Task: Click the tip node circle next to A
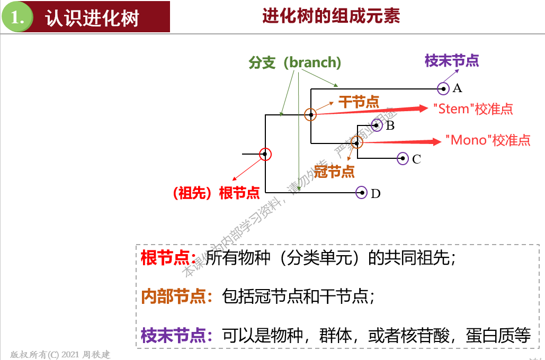[443, 88]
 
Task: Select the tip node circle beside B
[377, 125]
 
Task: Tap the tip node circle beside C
[402, 158]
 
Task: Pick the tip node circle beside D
[362, 193]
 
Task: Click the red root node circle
[265, 154]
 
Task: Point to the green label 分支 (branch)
[295, 62]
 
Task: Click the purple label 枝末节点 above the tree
[452, 61]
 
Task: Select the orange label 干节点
[359, 102]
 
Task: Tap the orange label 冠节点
[334, 171]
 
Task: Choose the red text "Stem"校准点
[473, 109]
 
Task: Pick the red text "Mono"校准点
[488, 140]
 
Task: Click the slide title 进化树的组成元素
[331, 16]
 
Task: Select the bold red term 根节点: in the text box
[172, 258]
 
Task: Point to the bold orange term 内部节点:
[180, 296]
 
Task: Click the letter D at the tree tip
[376, 194]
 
